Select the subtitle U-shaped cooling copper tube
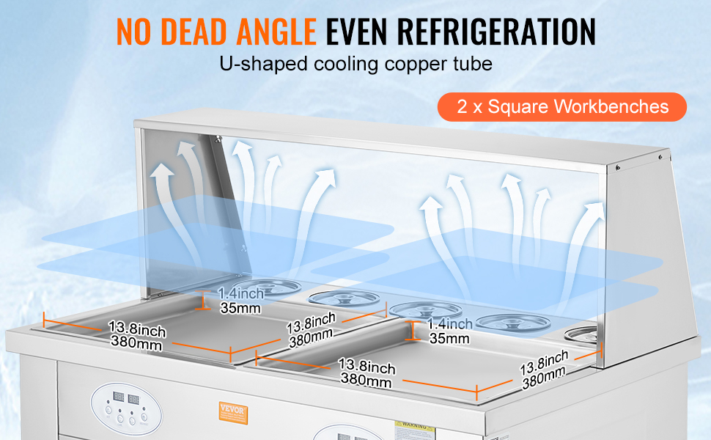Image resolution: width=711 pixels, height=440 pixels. coord(355,63)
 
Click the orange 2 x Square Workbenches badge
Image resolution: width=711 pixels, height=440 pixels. coord(562,107)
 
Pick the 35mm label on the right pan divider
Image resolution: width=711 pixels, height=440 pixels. coord(449,338)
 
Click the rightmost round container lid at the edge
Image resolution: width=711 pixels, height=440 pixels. coord(581,333)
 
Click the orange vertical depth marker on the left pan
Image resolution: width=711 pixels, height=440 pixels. coord(204,299)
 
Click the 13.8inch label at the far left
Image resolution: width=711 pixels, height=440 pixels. coord(137,328)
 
